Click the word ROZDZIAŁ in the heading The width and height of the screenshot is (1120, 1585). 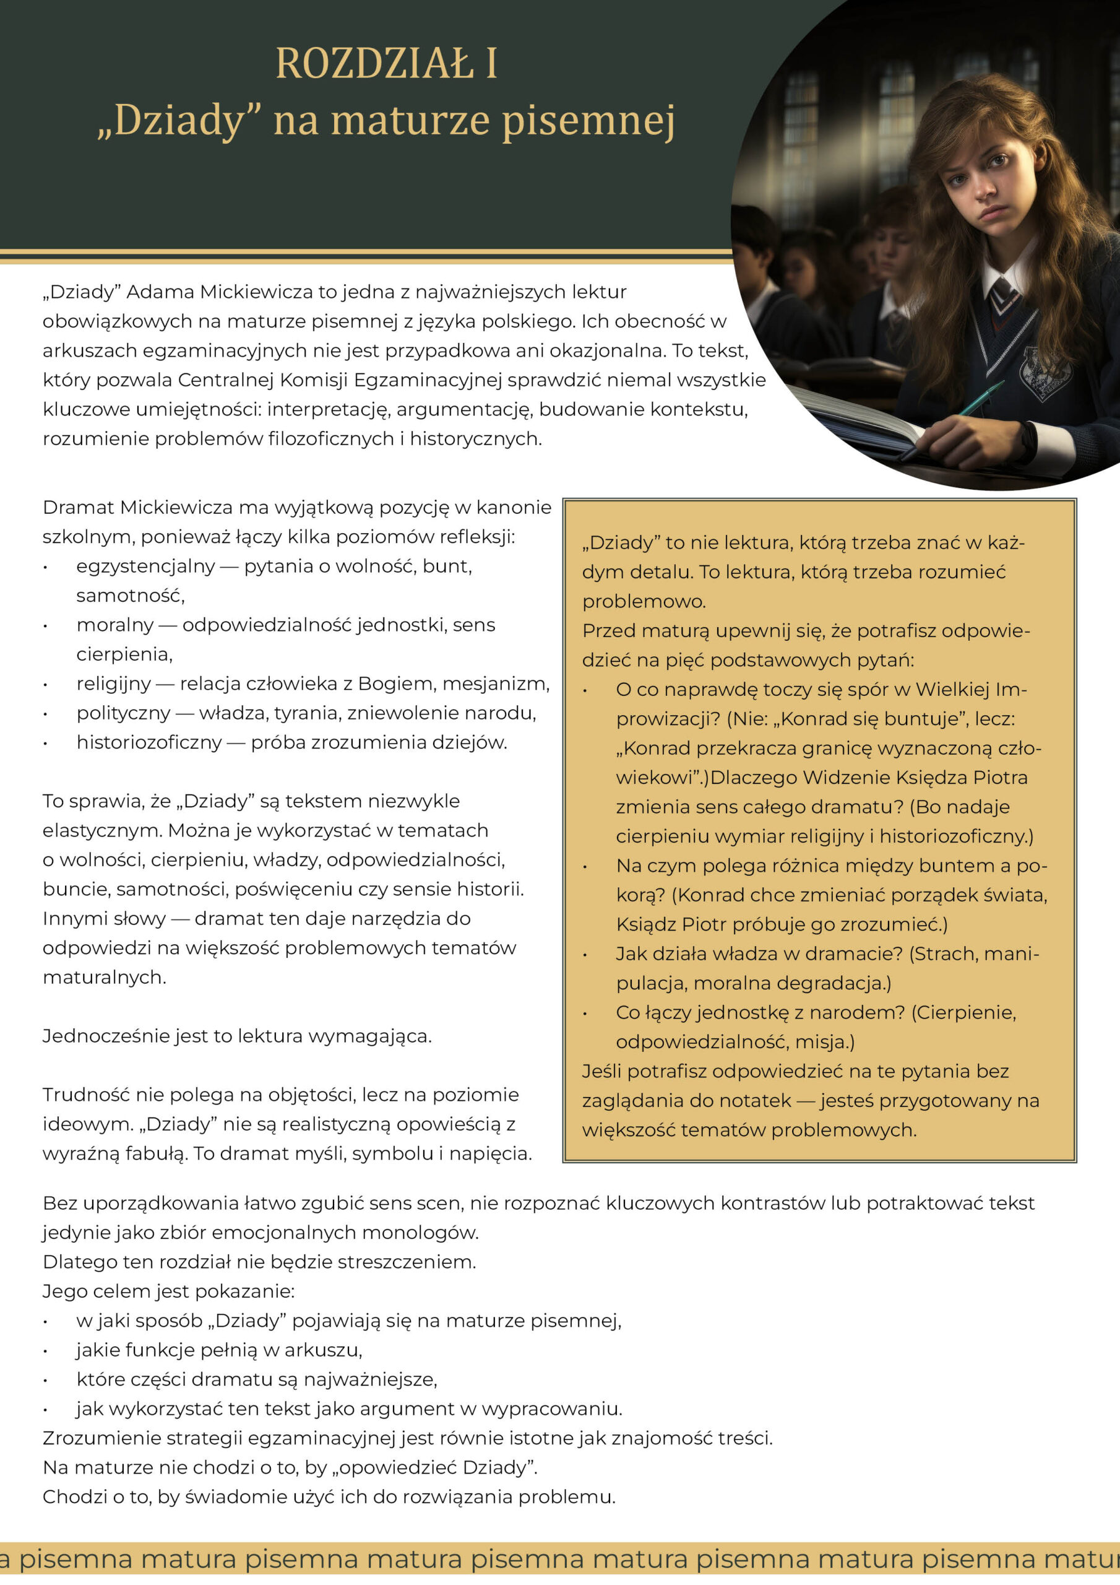374,64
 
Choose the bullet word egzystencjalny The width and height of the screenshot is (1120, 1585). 145,566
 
